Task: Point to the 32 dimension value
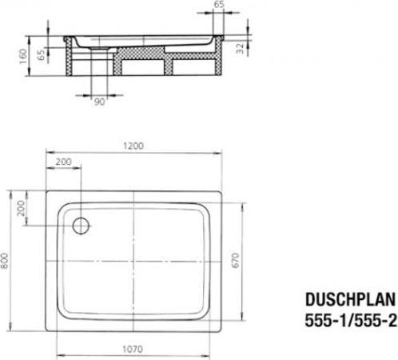(x=241, y=48)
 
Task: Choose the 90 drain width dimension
(x=100, y=102)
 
